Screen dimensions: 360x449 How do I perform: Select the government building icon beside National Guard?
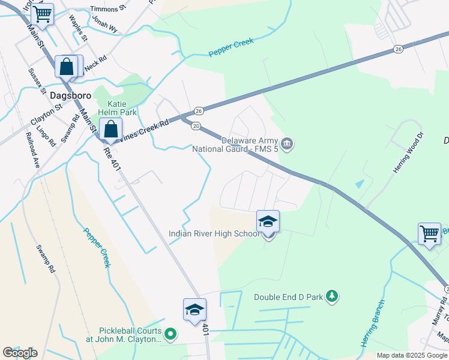click(x=288, y=143)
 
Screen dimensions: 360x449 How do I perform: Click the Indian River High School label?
click(x=214, y=233)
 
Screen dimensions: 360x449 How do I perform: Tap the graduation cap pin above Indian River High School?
click(x=268, y=221)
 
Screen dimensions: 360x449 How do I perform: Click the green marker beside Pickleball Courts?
click(x=170, y=334)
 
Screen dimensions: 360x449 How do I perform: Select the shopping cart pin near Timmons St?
click(x=42, y=14)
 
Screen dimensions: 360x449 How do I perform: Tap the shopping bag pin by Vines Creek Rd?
click(x=110, y=128)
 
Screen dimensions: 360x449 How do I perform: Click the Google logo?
click(x=20, y=353)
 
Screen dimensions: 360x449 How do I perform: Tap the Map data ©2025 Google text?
click(x=412, y=355)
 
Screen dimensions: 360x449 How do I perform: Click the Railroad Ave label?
click(x=34, y=155)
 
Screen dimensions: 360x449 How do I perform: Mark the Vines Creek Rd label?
click(x=145, y=128)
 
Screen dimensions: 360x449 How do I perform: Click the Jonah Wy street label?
click(x=104, y=23)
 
